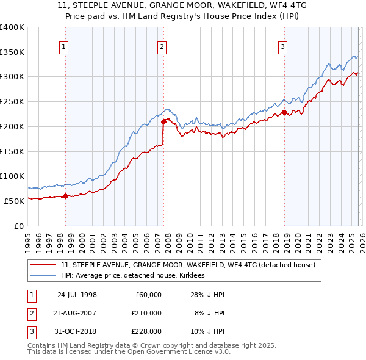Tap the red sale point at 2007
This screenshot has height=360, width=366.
163,121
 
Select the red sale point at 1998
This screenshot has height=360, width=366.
66,196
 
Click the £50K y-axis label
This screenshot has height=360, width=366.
14,200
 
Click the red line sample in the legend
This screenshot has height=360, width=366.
44,265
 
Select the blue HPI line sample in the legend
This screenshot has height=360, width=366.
44,275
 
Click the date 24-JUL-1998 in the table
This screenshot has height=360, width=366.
77,295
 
